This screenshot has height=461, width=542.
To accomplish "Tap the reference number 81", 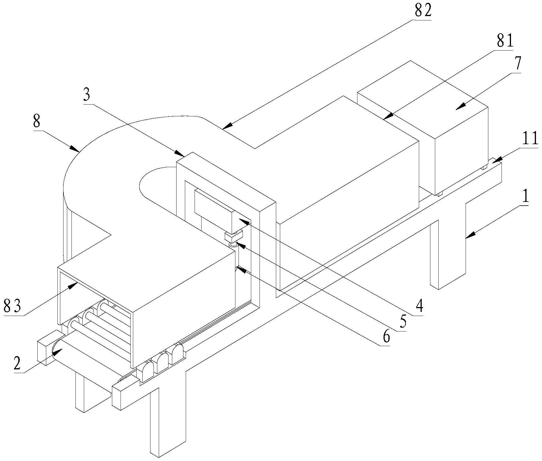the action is tap(505, 41).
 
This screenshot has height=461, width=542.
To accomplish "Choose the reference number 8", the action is tap(36, 122).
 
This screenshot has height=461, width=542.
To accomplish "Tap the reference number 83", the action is tap(12, 306).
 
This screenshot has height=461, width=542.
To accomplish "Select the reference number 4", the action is tap(419, 306).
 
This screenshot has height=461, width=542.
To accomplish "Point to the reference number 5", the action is tap(403, 322).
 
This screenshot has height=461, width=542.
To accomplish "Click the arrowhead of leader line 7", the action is tap(457, 109).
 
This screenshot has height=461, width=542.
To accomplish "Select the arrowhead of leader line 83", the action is tap(77, 283).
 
